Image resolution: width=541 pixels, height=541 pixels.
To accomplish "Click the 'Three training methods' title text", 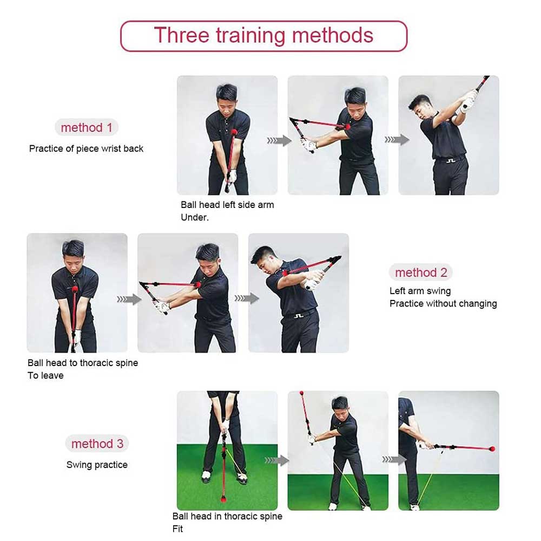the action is [x=263, y=35].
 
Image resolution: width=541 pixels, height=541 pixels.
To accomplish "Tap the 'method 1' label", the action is [x=87, y=127].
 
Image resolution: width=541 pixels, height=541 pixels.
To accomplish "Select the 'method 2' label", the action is [x=421, y=272].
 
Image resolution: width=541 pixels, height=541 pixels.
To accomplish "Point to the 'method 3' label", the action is [x=97, y=444].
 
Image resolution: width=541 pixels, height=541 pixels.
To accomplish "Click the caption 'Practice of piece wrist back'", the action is [x=86, y=148].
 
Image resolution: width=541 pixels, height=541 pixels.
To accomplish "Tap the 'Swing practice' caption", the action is [x=97, y=465].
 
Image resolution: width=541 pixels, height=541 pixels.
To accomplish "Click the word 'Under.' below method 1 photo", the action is [x=195, y=217].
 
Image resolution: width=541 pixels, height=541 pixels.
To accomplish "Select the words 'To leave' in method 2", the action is [x=45, y=375].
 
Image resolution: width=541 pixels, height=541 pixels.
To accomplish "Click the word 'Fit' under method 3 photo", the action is [x=177, y=529].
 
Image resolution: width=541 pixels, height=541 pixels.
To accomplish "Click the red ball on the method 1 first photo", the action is [x=235, y=132].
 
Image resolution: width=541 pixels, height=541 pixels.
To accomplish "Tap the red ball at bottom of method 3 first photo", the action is [x=223, y=499].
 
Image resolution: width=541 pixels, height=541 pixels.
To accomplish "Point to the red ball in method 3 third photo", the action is [x=492, y=449].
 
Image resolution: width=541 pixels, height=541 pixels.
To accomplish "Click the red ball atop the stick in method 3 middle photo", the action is [x=301, y=393].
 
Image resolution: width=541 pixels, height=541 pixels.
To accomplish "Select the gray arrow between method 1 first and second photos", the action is [x=279, y=141].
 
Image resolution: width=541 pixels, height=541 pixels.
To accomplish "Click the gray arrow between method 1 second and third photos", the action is [x=397, y=140].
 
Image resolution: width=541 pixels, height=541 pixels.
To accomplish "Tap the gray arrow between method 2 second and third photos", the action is [x=247, y=298].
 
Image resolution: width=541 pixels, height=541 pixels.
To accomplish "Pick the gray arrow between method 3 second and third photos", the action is [x=394, y=459].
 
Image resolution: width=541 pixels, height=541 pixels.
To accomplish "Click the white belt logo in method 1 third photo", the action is [x=451, y=161].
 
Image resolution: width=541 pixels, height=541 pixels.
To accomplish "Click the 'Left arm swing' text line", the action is [x=420, y=291].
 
